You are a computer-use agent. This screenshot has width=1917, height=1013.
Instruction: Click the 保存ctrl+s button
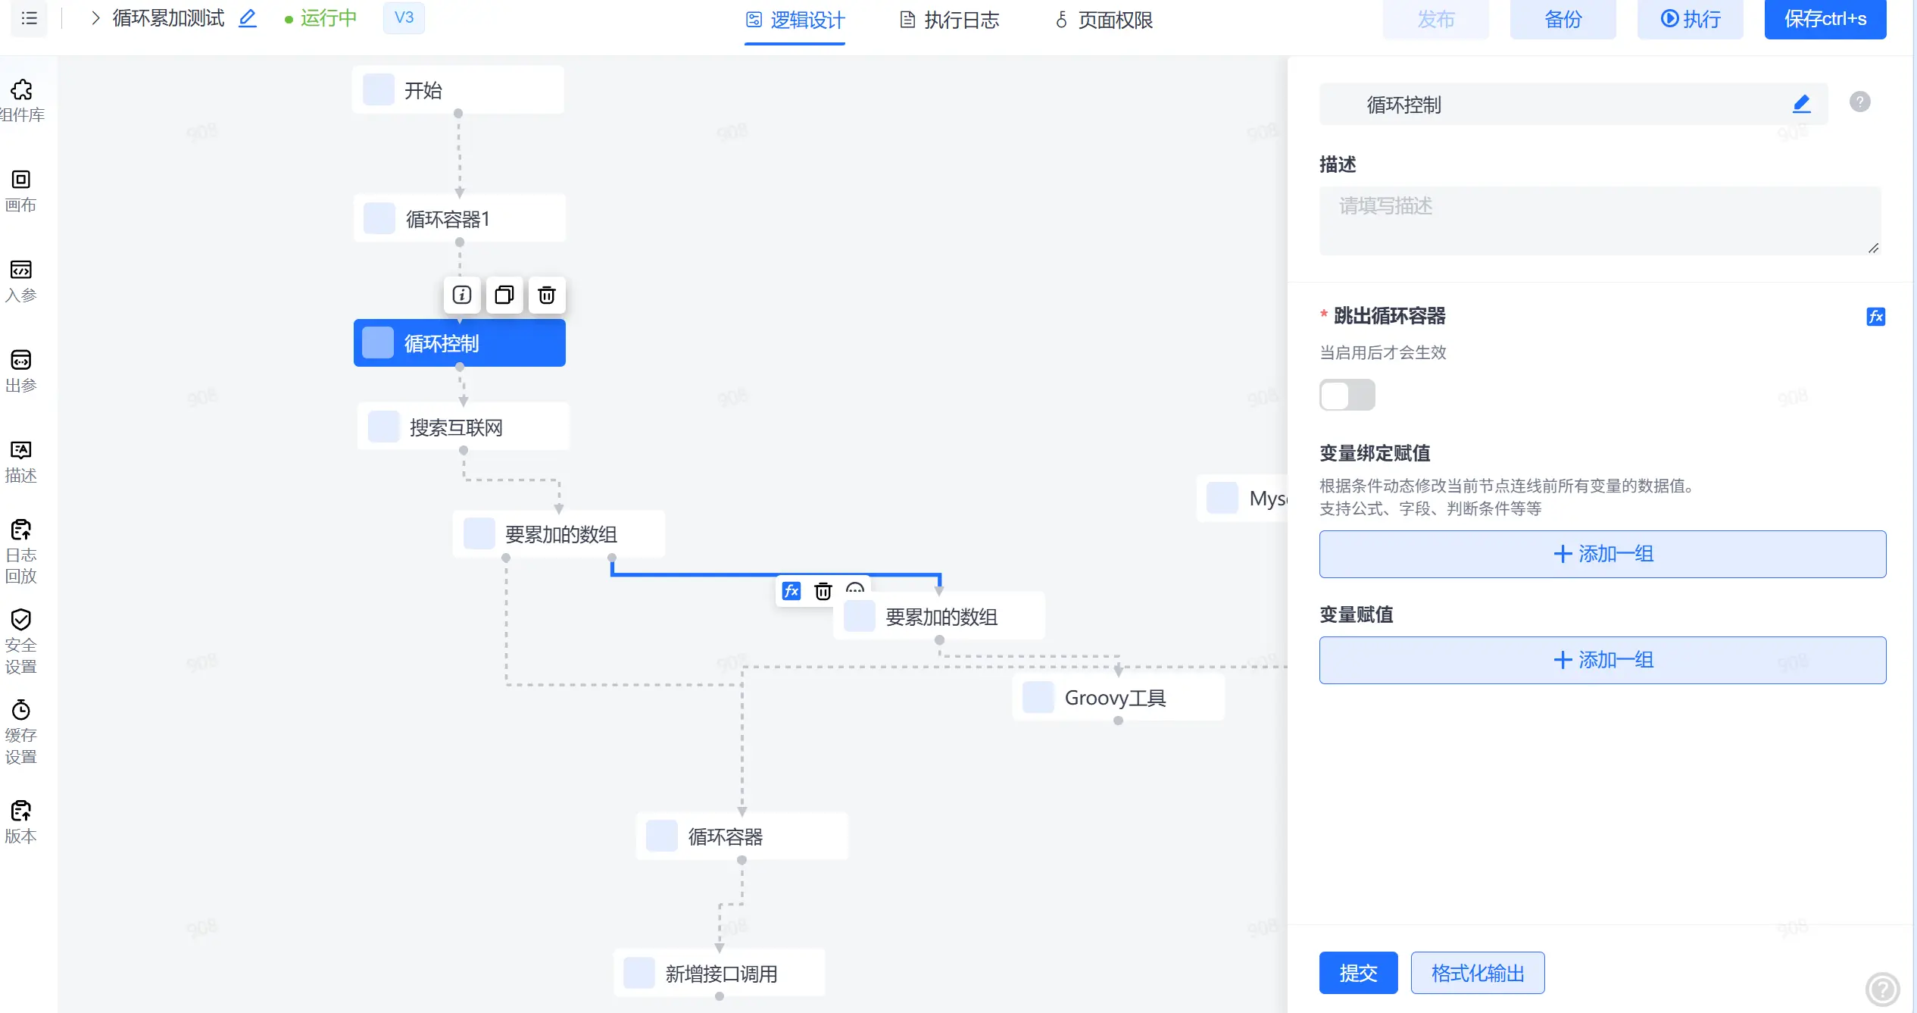(1825, 19)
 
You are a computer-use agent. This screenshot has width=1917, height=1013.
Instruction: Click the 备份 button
(1563, 19)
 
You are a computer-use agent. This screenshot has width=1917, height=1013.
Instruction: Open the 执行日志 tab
(949, 20)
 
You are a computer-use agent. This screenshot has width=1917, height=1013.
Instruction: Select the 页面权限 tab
(1104, 20)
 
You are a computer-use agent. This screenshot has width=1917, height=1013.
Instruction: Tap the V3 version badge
(404, 17)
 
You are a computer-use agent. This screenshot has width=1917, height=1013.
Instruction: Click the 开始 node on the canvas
(457, 90)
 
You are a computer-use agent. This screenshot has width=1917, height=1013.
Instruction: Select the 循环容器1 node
(459, 219)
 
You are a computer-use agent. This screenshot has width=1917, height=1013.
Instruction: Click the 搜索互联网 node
(463, 427)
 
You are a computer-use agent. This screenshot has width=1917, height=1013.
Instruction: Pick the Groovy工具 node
(1118, 697)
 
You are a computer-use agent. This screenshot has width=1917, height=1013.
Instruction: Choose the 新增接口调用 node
(719, 973)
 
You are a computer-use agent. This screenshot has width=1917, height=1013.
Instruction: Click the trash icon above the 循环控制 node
(546, 295)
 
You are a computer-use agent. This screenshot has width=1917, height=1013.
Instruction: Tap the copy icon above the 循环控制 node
(504, 295)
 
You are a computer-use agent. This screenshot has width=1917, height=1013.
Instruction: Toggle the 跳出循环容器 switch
(1347, 395)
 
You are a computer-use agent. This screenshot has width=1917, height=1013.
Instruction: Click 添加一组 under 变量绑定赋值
(1602, 554)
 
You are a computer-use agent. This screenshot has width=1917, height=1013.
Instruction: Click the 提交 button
(1358, 973)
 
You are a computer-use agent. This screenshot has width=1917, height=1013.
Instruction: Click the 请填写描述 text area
(1600, 220)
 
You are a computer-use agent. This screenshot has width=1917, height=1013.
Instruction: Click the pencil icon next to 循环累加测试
(248, 18)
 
